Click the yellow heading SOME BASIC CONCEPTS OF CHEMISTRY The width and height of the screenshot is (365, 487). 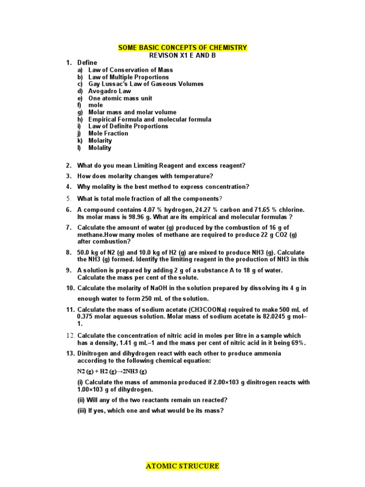tap(182, 48)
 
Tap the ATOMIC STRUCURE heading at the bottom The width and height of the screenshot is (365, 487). tap(182, 466)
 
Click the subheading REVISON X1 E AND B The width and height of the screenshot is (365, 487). tap(182, 55)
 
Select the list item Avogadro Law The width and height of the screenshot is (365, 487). tap(109, 91)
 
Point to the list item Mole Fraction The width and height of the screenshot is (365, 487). tap(108, 134)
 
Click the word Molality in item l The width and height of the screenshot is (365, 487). tap(100, 148)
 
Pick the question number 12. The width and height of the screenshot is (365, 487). tap(70, 336)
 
